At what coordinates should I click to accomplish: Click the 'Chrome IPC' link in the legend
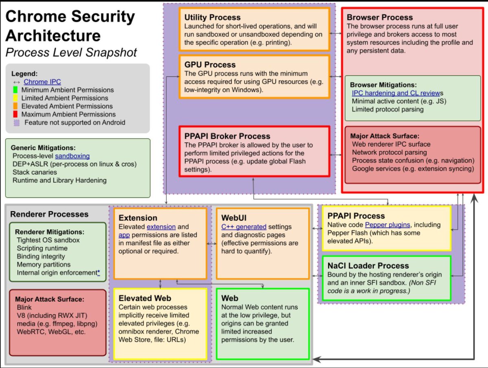tap(42, 82)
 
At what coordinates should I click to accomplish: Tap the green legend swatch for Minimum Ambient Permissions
tap(16, 90)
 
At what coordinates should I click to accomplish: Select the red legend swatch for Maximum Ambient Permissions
tap(16, 114)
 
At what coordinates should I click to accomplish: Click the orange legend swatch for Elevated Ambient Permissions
tap(16, 106)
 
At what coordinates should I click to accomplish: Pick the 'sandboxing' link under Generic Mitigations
tap(72, 156)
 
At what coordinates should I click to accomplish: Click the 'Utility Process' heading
tap(212, 18)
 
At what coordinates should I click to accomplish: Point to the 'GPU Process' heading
tap(210, 65)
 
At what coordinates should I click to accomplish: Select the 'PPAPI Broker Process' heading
tap(227, 136)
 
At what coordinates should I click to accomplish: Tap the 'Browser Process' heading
tap(379, 18)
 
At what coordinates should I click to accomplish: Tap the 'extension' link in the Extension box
tap(161, 227)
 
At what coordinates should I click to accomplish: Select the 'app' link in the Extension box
tap(123, 235)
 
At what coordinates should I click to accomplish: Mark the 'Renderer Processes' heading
tap(49, 214)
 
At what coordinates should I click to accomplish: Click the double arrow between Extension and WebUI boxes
tap(211, 243)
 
